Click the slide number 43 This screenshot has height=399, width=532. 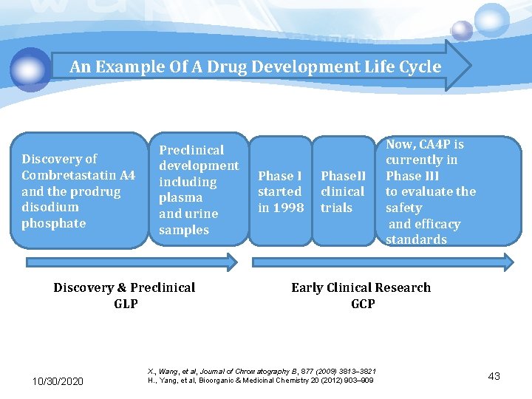coord(494,376)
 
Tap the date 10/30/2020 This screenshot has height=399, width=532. coord(58,381)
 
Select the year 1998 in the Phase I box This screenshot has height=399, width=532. coord(289,208)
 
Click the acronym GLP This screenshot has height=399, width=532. coord(125,304)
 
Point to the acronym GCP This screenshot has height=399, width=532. coord(362,304)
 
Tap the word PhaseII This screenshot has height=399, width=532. coord(343,176)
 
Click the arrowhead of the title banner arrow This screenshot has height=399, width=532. coord(458,66)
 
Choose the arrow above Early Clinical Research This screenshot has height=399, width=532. coord(383,262)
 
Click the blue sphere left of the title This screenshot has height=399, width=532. coord(31,69)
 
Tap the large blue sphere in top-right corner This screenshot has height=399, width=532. coord(491,20)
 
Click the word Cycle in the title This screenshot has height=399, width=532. coord(421,66)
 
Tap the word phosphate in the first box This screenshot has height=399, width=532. coord(53,223)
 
